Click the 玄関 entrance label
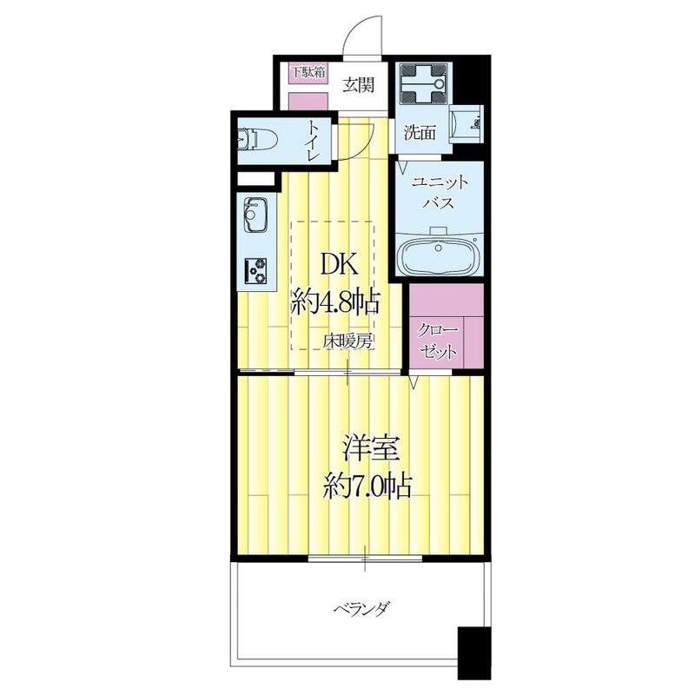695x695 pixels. click(357, 85)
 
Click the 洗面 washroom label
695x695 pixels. click(420, 133)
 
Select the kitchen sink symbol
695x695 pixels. click(255, 214)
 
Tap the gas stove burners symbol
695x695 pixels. click(255, 270)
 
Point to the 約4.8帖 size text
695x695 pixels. click(334, 302)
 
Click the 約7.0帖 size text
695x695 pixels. click(364, 487)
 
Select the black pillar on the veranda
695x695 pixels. click(473, 652)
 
